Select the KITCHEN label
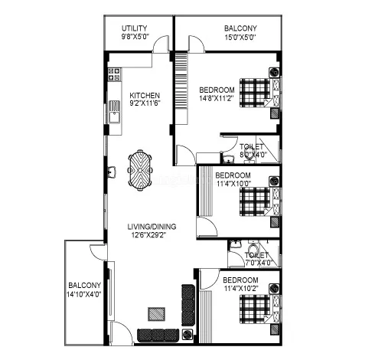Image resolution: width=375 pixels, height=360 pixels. pos(145,95)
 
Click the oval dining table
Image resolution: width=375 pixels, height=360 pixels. pos(139,168)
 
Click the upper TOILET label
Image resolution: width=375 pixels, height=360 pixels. pos(251,146)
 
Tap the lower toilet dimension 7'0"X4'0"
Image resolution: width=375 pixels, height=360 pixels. pos(256,262)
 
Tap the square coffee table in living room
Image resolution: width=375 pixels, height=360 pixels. pos(155,313)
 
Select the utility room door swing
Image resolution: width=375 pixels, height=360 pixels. pos(161,44)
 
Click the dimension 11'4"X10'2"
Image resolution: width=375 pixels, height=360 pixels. pos(241,288)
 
